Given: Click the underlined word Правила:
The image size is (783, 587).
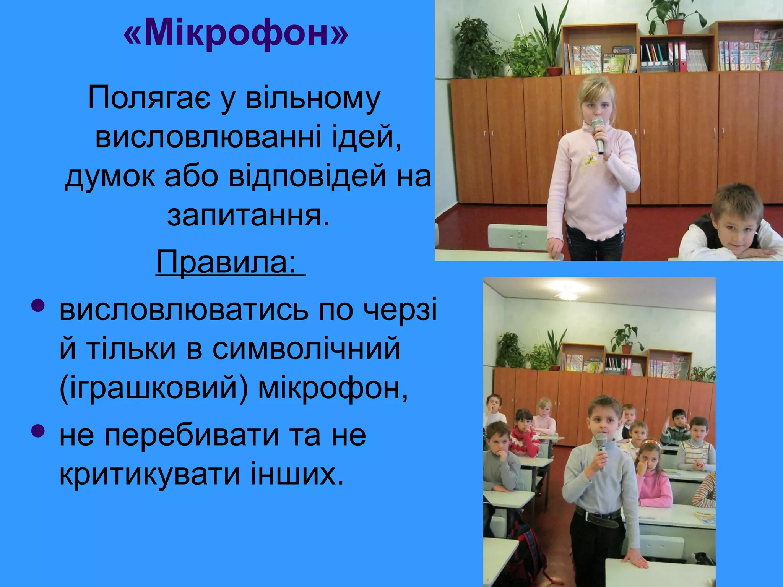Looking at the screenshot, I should click(226, 262).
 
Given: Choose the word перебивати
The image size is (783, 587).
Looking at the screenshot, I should click(192, 435).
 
